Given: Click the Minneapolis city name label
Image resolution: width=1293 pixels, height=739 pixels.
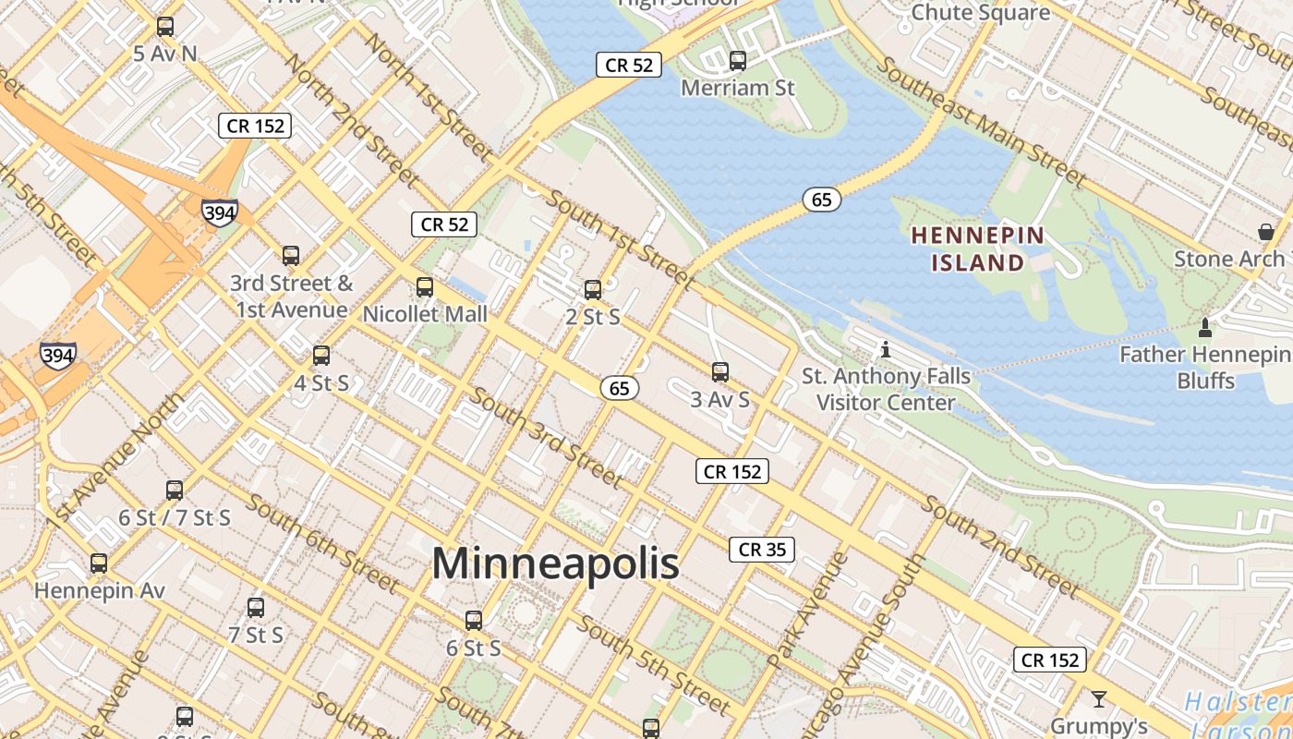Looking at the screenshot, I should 555,563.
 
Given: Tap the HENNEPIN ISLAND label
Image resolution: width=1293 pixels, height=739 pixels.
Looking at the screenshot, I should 977,249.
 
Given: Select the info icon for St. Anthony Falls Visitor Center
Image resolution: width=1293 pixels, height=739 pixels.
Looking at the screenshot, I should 886,349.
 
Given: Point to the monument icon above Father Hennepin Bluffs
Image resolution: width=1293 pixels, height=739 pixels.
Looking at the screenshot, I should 1204,327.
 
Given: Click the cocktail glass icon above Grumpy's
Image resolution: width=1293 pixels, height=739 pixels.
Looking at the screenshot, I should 1099,698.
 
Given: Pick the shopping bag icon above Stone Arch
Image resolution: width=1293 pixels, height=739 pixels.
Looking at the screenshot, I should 1265,231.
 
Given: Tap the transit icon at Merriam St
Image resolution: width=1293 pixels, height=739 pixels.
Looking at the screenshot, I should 738,61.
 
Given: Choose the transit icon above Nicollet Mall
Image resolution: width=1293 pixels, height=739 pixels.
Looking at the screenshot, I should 425,286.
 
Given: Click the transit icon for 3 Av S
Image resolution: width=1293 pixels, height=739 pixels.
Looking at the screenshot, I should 720,372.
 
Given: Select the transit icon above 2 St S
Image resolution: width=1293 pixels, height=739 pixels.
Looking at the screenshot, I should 593,290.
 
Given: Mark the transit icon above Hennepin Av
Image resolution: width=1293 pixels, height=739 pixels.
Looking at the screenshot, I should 99,563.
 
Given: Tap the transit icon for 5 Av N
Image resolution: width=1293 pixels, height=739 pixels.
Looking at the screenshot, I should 165,27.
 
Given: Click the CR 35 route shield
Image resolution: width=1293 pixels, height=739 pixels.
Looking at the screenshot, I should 762,550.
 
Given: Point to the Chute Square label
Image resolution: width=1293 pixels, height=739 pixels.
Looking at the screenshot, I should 980,12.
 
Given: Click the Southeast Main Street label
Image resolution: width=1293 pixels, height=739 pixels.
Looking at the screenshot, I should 982,122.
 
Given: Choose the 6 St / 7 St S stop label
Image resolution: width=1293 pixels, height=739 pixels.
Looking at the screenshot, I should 175,517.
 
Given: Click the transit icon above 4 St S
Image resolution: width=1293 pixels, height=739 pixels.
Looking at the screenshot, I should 321,355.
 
